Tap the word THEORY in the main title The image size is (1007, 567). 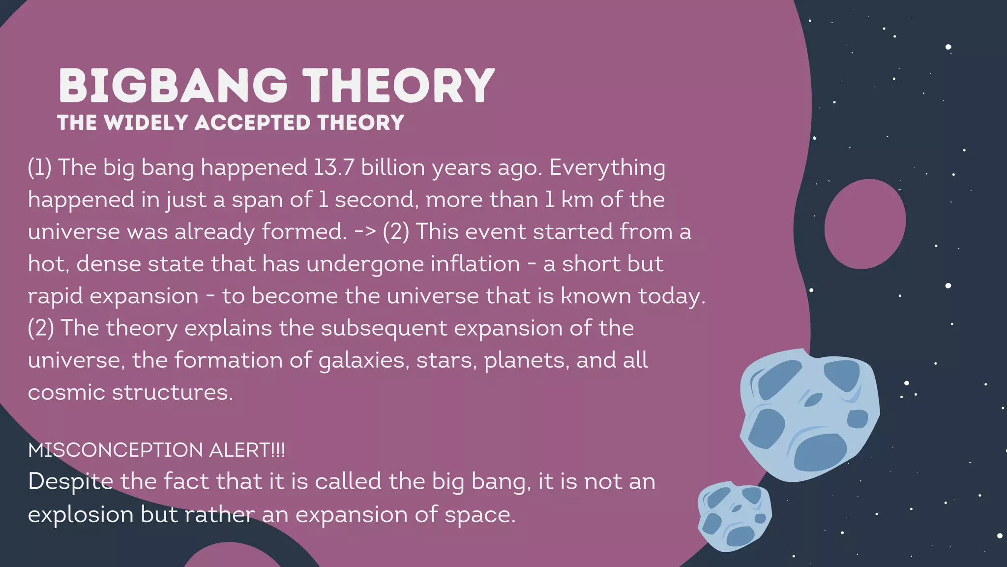point(398,86)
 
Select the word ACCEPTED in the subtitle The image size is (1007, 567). point(253,123)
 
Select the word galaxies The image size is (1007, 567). point(364,361)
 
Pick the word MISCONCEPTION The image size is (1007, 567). point(115,450)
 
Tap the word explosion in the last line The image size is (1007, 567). point(81,515)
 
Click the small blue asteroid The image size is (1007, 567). point(734,515)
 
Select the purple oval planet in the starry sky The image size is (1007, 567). point(865,224)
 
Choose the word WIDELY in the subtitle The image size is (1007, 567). point(147,123)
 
